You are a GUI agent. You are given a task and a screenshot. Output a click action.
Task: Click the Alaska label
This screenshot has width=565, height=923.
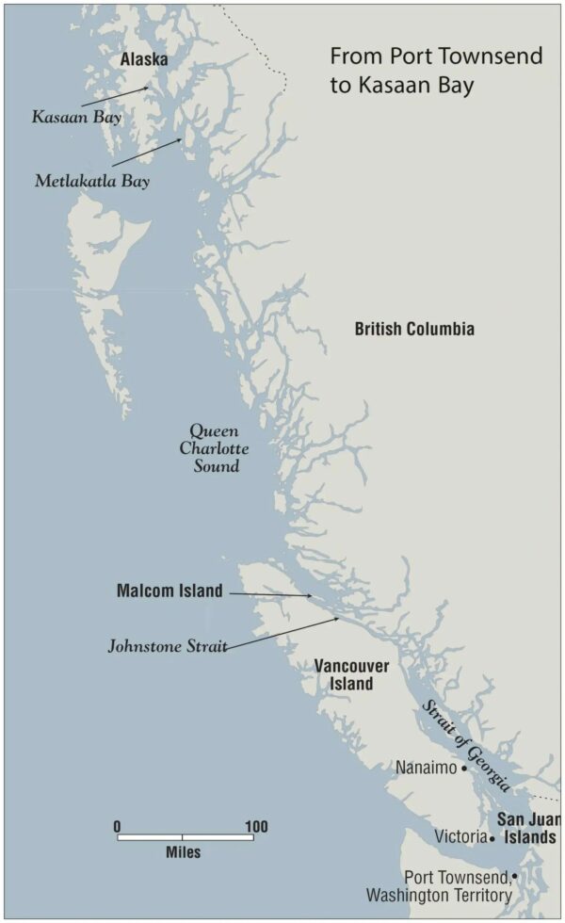click(x=144, y=60)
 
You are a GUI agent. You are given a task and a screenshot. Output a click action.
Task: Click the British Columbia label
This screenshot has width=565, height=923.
click(x=414, y=329)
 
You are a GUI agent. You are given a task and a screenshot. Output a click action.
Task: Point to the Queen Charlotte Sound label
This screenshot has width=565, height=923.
click(x=215, y=447)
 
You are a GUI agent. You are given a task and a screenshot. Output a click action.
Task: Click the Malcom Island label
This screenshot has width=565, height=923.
click(x=169, y=591)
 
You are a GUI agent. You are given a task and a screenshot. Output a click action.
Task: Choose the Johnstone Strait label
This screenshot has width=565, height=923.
click(x=168, y=647)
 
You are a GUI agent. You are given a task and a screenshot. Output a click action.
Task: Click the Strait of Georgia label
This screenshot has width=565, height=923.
click(x=465, y=745)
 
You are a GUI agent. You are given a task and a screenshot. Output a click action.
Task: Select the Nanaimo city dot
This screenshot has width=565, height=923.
click(x=464, y=768)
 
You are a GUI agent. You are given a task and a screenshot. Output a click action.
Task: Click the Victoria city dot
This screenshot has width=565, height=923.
click(x=492, y=837)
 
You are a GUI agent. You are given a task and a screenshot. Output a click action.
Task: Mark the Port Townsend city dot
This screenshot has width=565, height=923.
click(x=514, y=876)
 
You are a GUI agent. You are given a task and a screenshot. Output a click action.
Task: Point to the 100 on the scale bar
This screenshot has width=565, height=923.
click(x=254, y=827)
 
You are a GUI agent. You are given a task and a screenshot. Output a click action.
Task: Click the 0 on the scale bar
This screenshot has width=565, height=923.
click(x=118, y=827)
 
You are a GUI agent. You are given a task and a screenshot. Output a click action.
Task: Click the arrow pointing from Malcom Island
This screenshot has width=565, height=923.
click(x=270, y=594)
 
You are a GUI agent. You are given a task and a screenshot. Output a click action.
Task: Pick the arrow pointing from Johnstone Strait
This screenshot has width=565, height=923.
click(x=282, y=633)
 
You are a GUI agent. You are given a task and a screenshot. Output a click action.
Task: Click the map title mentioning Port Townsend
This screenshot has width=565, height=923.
click(x=436, y=70)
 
